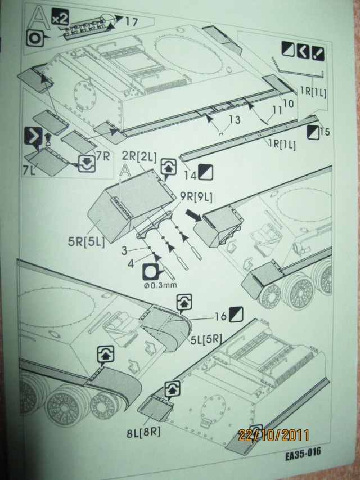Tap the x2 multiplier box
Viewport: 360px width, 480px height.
tap(60, 19)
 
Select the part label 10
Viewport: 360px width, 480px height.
tap(287, 103)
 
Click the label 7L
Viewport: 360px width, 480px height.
tap(30, 169)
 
